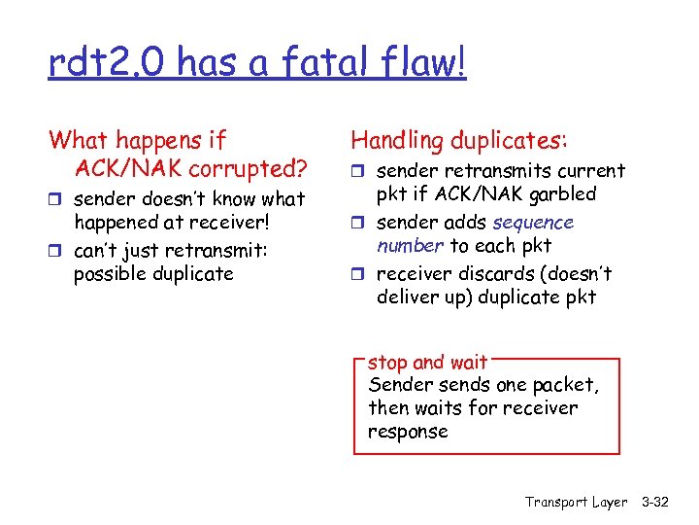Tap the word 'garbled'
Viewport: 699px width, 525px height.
(561, 193)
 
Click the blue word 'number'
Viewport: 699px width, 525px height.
(410, 246)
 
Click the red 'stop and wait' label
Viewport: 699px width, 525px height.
(427, 363)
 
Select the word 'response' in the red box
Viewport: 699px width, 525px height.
(408, 431)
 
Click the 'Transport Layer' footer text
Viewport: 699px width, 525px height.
(576, 502)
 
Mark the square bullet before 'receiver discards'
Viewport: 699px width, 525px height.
(356, 274)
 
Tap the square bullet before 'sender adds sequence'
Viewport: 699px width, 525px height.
(356, 223)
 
